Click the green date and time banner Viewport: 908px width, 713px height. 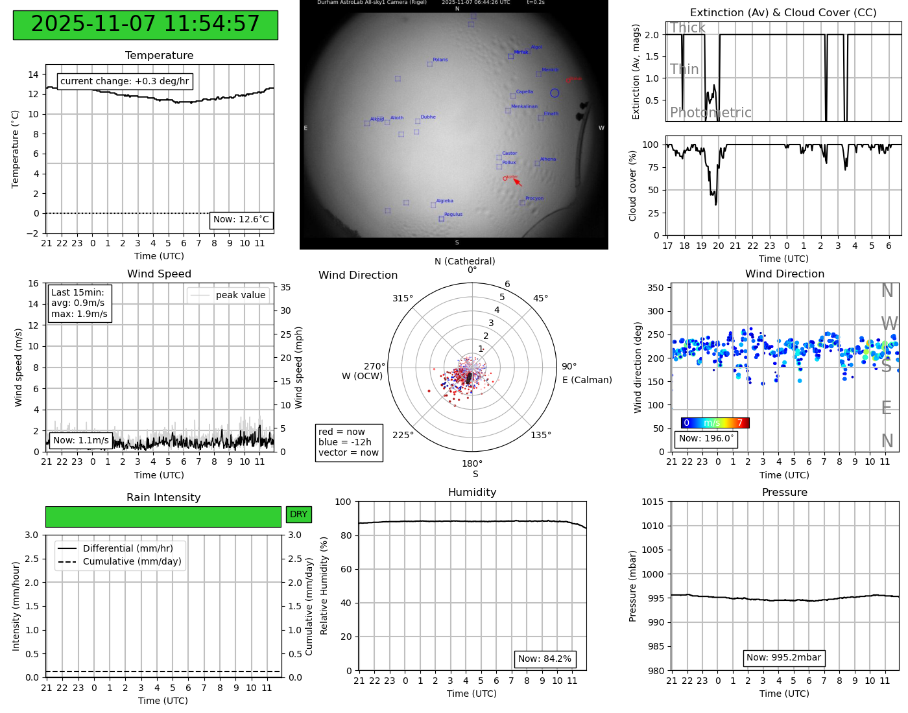coord(145,25)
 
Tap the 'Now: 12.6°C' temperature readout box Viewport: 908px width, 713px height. coord(241,220)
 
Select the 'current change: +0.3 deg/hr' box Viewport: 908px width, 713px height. coord(125,81)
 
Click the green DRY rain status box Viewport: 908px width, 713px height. coord(298,515)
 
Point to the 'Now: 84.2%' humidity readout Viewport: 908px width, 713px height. coord(545,659)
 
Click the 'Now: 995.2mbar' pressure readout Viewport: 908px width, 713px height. coord(783,658)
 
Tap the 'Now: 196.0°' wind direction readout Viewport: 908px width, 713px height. coord(706,439)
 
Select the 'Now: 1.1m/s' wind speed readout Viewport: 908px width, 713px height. coord(81,441)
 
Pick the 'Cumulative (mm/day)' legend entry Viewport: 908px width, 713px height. coord(132,562)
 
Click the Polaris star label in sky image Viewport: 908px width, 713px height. coord(440,60)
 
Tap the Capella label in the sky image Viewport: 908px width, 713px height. coord(525,92)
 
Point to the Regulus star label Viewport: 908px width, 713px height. coord(453,215)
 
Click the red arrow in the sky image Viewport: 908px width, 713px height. coord(518,182)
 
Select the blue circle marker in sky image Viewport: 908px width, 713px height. coord(555,93)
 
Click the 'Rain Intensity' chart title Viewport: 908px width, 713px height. coord(163,498)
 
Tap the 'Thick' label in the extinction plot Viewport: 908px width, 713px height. coord(687,28)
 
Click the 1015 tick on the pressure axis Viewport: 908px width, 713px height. coord(652,502)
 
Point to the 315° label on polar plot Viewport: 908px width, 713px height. coord(402,299)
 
